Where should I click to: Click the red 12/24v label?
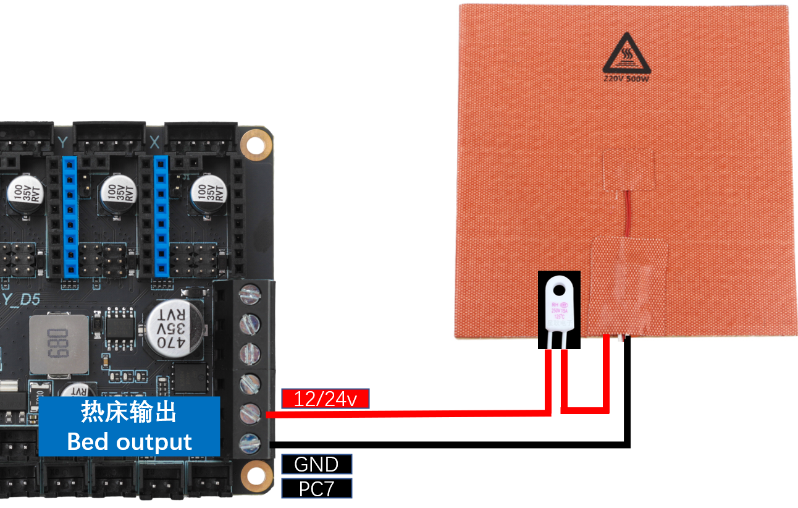(325, 399)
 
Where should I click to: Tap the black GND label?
(316, 464)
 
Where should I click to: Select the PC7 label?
(316, 489)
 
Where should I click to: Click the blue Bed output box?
(129, 426)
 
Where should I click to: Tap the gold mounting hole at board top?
(253, 145)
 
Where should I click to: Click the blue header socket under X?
(161, 216)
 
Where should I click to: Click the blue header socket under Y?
(70, 216)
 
